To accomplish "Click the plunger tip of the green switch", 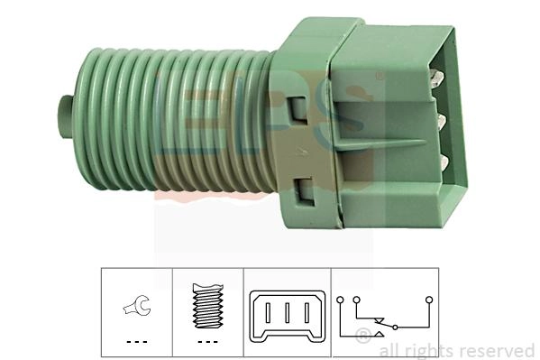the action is tap(65, 117).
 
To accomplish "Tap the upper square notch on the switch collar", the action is tap(298, 110).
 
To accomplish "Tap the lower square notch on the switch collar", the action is tap(305, 191).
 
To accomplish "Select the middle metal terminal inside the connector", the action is tap(441, 122).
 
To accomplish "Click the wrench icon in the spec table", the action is tap(137, 305).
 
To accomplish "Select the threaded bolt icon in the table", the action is tap(208, 306).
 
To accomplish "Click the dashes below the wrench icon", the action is tap(137, 342).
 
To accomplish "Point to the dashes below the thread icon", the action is tap(208, 342).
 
